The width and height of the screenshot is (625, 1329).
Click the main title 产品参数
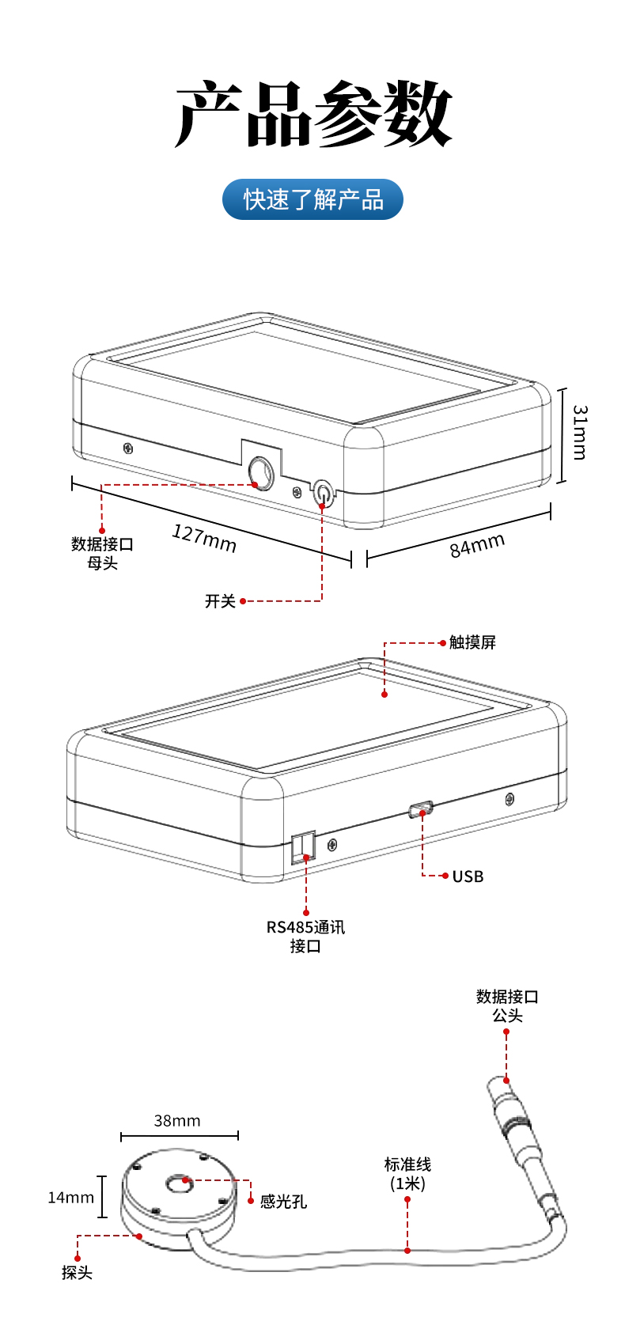pyautogui.click(x=312, y=115)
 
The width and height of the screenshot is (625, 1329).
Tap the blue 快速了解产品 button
pyautogui.click(x=312, y=199)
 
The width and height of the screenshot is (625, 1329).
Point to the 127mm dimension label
pyautogui.click(x=204, y=538)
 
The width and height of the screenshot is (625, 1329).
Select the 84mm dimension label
pyautogui.click(x=477, y=545)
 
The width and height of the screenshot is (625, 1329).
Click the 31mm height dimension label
pyautogui.click(x=580, y=433)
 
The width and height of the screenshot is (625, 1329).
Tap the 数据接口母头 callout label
pyautogui.click(x=102, y=553)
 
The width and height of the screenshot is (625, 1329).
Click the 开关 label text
pyautogui.click(x=220, y=601)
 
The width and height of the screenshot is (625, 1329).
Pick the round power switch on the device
pyautogui.click(x=323, y=493)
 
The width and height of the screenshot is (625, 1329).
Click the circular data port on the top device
pyautogui.click(x=260, y=472)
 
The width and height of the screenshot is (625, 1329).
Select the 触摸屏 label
pyautogui.click(x=472, y=642)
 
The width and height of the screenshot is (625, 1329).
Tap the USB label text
pyautogui.click(x=468, y=877)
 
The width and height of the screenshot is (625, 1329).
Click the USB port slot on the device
pyautogui.click(x=421, y=809)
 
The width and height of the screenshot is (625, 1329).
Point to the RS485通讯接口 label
pyautogui.click(x=305, y=936)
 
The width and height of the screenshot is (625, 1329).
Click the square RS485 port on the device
pyautogui.click(x=304, y=846)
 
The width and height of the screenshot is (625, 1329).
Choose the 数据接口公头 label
pyautogui.click(x=507, y=1005)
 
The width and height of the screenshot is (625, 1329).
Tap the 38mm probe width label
pyautogui.click(x=177, y=1121)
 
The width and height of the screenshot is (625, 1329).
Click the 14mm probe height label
pyautogui.click(x=70, y=1198)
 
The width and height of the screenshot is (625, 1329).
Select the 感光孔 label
pyautogui.click(x=283, y=1202)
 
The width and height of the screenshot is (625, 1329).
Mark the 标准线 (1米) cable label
pyautogui.click(x=407, y=1174)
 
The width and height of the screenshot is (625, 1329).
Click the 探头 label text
pyautogui.click(x=78, y=1273)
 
